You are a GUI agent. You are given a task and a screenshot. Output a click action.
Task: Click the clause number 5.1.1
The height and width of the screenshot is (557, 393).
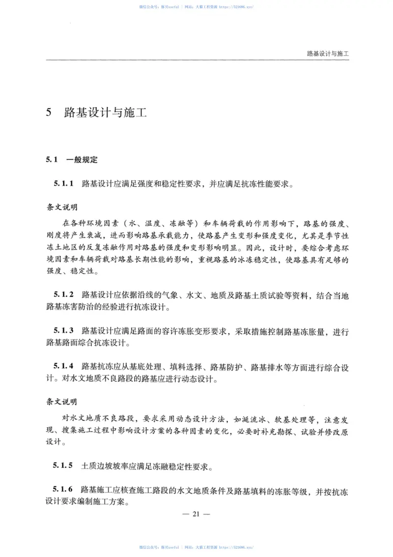(x=63, y=185)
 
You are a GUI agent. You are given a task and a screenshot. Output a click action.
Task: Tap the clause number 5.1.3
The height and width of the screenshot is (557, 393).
(x=63, y=331)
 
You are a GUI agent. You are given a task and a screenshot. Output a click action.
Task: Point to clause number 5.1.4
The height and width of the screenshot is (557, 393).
(x=63, y=367)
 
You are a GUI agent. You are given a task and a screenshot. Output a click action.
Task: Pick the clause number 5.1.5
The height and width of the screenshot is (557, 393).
(x=63, y=465)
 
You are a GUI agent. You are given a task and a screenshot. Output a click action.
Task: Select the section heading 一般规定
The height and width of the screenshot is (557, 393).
(x=82, y=159)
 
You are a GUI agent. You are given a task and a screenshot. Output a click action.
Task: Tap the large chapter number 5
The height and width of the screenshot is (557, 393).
(x=49, y=112)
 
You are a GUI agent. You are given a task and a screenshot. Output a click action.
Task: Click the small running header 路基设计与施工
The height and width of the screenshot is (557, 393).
(x=327, y=53)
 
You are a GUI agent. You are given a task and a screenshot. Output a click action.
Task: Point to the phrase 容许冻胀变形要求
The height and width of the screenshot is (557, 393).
(x=195, y=331)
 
